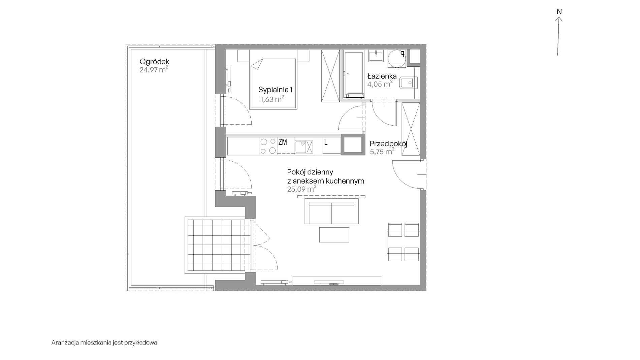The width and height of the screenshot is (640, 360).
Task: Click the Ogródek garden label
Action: (154, 62)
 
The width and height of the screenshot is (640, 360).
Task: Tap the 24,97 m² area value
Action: (154, 70)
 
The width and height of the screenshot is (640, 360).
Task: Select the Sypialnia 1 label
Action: (275, 90)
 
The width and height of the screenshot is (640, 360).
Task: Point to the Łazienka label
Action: (382, 76)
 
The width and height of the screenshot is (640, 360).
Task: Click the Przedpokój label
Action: (389, 144)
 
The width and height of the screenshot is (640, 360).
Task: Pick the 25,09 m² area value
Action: (301, 189)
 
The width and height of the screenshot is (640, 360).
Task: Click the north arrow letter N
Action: (559, 12)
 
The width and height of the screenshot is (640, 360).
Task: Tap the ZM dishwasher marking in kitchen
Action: (283, 142)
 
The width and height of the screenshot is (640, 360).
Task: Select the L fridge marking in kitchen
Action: (326, 142)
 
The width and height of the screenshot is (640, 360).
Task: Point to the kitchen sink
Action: (304, 147)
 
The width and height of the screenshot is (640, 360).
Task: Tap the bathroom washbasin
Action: (376, 56)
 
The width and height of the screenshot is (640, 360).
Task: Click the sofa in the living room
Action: (331, 211)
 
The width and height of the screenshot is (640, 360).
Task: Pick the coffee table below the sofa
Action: (334, 234)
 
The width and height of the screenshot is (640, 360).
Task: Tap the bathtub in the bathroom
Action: (354, 74)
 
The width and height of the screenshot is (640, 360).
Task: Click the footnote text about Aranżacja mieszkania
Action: (104, 343)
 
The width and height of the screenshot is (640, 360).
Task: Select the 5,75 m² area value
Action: (382, 152)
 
